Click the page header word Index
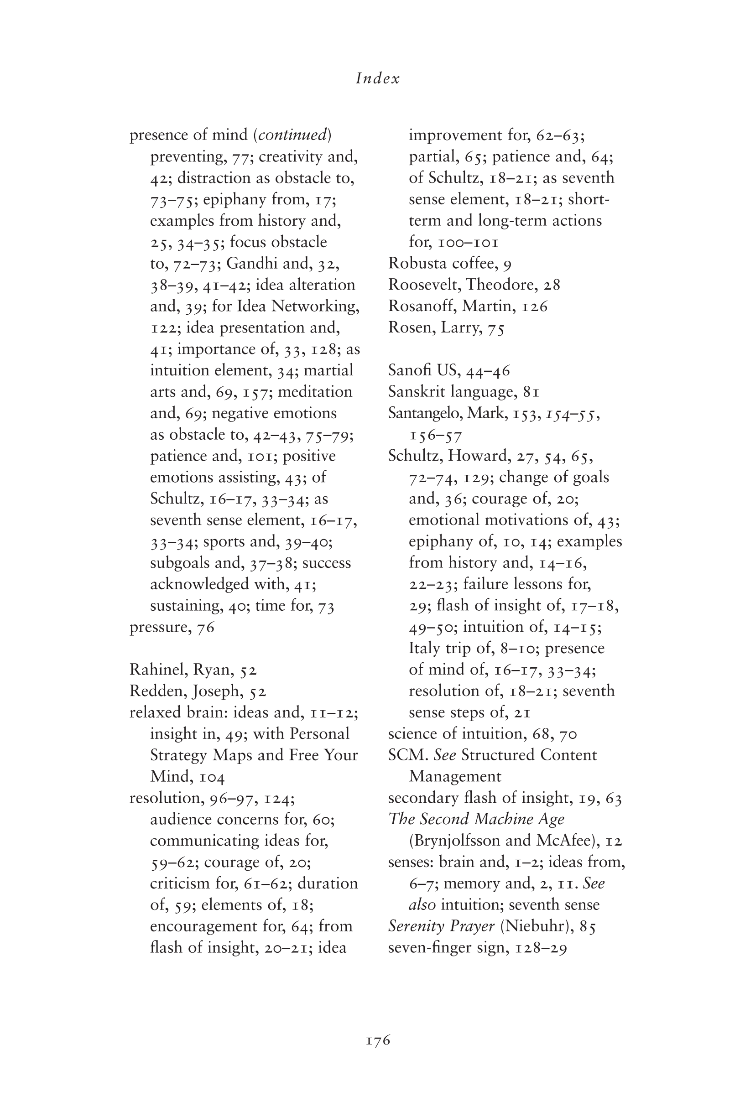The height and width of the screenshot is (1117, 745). click(378, 78)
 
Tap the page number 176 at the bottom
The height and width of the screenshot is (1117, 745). click(378, 1040)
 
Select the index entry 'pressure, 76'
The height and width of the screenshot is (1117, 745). click(172, 627)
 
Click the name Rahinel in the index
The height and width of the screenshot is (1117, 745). click(158, 670)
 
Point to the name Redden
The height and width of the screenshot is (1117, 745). click(158, 691)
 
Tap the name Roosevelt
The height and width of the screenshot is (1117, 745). click(424, 285)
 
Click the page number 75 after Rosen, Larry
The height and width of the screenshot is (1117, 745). click(496, 328)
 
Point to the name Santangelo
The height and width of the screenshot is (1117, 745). click(425, 413)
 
